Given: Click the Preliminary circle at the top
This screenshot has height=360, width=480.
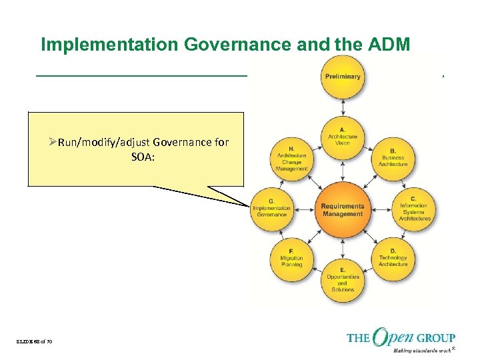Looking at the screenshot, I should pyautogui.click(x=343, y=76).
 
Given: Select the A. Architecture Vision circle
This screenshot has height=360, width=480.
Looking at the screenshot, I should pyautogui.click(x=343, y=138).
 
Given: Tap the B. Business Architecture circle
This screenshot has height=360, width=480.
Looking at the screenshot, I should pyautogui.click(x=393, y=158).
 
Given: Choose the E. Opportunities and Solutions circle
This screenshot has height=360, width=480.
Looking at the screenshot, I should pyautogui.click(x=343, y=281).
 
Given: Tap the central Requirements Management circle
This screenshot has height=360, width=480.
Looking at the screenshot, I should pyautogui.click(x=343, y=209).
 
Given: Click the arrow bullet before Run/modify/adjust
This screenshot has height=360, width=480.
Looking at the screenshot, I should pyautogui.click(x=53, y=141).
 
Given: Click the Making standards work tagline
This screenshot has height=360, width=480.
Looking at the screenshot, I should pyautogui.click(x=418, y=350).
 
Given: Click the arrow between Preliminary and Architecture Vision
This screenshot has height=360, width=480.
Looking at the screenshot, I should pyautogui.click(x=343, y=107).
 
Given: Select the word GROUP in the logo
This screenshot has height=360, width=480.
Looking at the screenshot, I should pyautogui.click(x=437, y=338).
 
